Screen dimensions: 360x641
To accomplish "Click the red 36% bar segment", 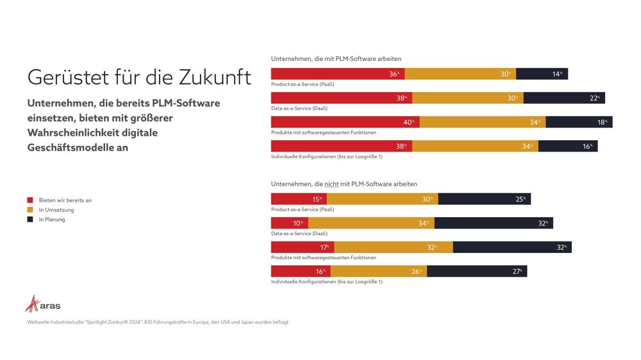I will [338, 74].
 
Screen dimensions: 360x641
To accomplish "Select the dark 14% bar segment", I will [542, 74].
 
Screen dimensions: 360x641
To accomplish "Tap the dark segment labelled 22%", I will [564, 98].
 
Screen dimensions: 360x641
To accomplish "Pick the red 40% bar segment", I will [345, 122].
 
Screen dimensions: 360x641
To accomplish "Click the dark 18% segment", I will [579, 122].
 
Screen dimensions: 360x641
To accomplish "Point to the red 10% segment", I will [289, 223].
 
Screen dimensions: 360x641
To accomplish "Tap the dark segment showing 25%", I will [484, 199].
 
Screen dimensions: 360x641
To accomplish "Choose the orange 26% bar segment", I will [378, 271].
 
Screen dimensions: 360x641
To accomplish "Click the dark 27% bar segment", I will [476, 271].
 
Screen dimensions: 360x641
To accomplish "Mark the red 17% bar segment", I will [302, 247].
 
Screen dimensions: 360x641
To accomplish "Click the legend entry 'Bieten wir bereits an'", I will [65, 200].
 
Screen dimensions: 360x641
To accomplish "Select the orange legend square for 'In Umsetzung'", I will [29, 209].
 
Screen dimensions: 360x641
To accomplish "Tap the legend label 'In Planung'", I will [51, 219].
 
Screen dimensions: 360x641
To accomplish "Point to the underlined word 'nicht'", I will [331, 184].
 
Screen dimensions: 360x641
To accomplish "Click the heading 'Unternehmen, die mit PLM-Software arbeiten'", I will [336, 59].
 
